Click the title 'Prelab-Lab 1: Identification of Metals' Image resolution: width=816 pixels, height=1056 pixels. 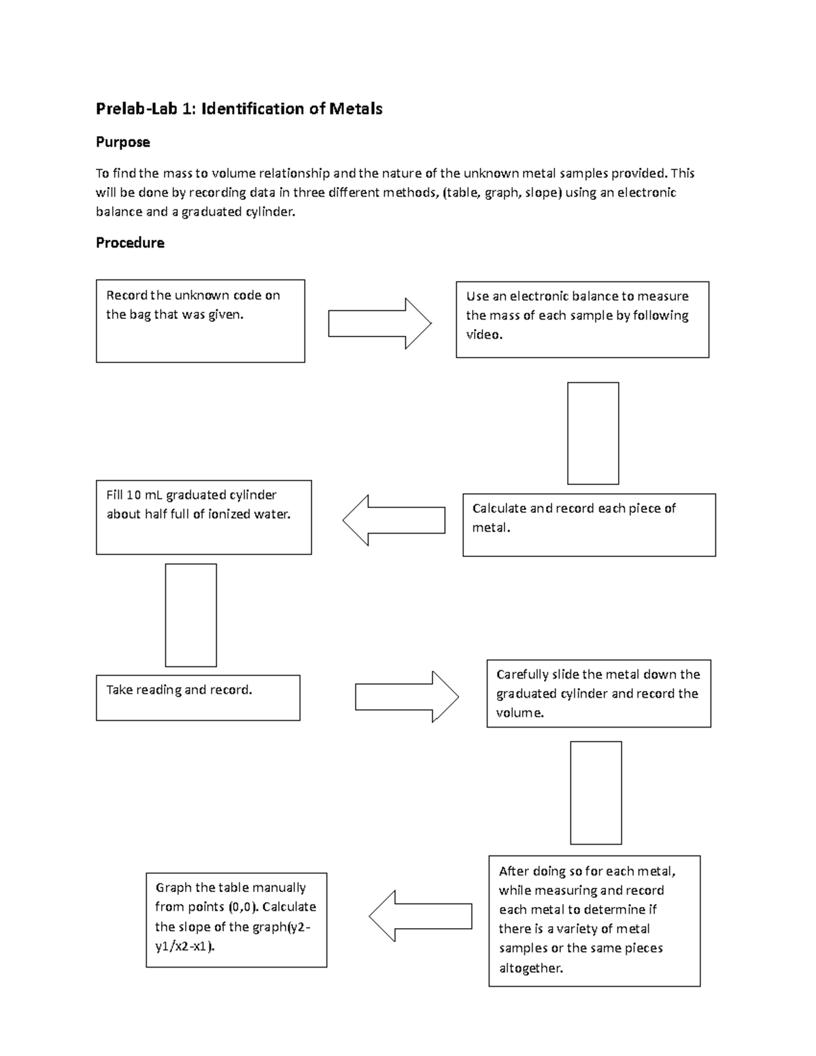click(239, 109)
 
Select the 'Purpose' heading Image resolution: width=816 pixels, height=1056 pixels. click(122, 142)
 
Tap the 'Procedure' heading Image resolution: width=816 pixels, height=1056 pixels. click(130, 243)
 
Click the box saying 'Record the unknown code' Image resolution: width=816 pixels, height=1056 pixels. click(200, 321)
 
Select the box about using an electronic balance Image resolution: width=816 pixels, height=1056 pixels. click(582, 320)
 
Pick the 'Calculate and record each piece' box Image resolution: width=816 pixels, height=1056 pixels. click(589, 525)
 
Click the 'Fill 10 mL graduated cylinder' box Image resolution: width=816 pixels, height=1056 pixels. click(203, 517)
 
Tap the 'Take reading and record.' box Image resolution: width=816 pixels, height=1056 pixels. click(198, 698)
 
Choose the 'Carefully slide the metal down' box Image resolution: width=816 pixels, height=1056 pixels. click(598, 694)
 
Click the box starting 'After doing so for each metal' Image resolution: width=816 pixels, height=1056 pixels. click(594, 921)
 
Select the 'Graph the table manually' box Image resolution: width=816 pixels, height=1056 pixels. click(236, 920)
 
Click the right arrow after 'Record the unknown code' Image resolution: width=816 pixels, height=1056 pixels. click(379, 324)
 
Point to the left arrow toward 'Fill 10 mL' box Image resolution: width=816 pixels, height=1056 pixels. click(394, 520)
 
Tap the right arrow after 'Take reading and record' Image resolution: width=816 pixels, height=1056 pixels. click(407, 697)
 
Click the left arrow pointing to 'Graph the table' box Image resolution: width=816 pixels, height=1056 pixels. click(420, 916)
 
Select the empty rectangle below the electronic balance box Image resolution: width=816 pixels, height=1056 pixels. click(593, 433)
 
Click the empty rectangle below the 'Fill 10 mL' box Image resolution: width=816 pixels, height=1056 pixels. click(191, 615)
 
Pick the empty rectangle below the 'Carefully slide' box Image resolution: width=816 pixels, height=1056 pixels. click(596, 793)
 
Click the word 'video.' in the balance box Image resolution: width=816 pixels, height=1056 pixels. click(484, 335)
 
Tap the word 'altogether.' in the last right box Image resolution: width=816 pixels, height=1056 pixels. click(531, 968)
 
